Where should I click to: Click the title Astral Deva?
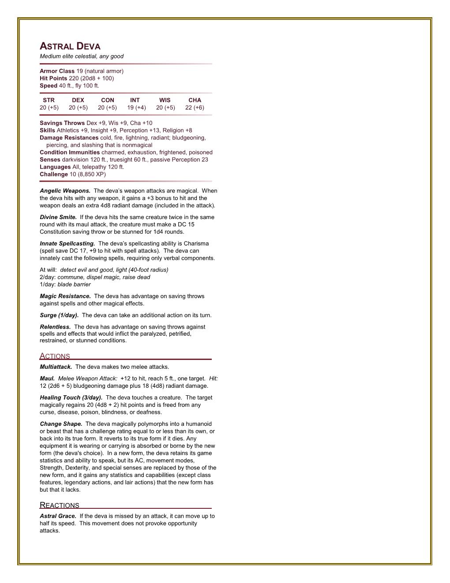70,46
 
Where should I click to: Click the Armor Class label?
57,71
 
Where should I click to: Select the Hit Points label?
53,78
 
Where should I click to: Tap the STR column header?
49,100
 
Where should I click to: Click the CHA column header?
195,100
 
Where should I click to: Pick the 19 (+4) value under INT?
136,107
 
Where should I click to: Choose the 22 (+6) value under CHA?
195,107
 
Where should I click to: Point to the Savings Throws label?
62,123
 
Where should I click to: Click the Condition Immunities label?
70,152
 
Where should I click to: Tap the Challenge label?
54,174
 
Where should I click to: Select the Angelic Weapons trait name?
65,191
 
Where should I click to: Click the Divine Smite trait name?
58,217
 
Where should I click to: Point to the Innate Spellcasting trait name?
67,243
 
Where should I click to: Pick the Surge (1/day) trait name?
59,315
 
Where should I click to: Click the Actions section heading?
55,356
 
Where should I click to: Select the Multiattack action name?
56,367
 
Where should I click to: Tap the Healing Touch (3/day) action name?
71,397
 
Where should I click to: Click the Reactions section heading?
60,505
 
